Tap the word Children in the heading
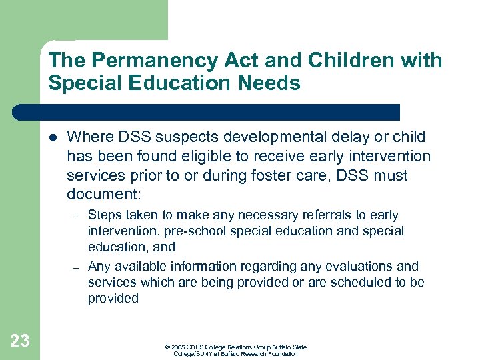coord(351,61)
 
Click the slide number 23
coord(20,341)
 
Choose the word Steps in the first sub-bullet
coord(104,215)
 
